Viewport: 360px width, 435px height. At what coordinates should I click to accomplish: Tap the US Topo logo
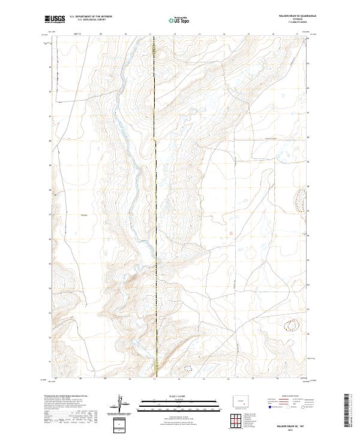click(179, 20)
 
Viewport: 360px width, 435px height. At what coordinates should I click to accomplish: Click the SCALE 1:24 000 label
click(179, 397)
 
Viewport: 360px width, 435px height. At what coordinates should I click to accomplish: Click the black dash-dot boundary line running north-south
click(155, 180)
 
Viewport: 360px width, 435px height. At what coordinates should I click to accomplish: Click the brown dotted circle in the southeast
click(292, 325)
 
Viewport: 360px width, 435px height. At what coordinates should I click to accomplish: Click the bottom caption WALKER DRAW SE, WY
click(290, 425)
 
